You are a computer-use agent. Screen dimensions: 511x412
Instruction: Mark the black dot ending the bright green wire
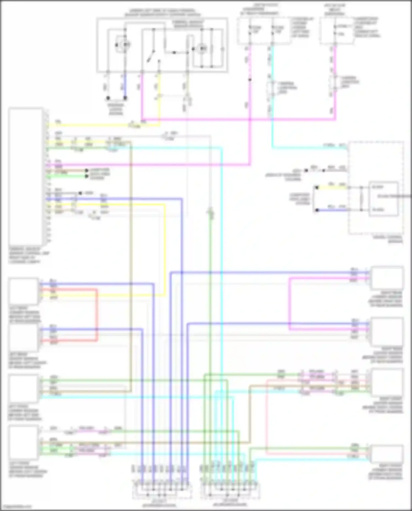click(x=87, y=176)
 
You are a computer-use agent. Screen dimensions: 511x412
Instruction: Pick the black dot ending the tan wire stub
click(x=87, y=171)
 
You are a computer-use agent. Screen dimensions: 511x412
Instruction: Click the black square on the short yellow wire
click(x=317, y=188)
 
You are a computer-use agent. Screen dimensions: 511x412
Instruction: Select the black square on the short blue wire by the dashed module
click(x=317, y=210)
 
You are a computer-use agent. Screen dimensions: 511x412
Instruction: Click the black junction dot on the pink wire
click(x=250, y=80)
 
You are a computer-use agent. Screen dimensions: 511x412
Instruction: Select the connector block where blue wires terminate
click(x=162, y=490)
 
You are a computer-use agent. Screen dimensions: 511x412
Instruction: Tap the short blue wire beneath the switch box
click(x=125, y=85)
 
